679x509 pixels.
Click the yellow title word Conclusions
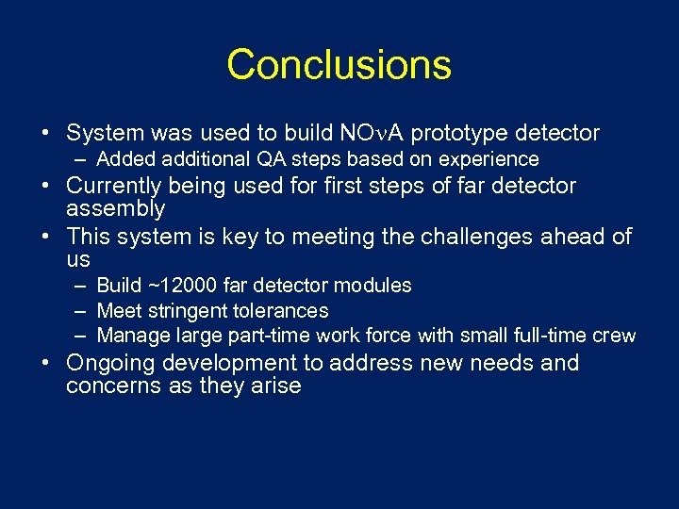(339, 65)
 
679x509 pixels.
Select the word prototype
(457, 133)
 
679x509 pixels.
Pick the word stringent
(180, 310)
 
